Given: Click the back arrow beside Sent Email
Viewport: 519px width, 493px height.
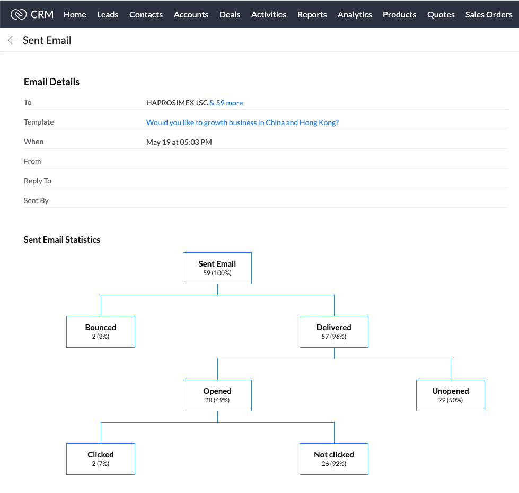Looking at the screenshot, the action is pos(13,40).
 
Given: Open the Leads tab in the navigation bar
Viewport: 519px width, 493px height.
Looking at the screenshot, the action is pos(108,14).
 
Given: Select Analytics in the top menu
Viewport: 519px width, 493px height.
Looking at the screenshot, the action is pos(355,14).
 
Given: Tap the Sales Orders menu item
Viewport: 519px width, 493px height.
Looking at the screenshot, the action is pos(489,14).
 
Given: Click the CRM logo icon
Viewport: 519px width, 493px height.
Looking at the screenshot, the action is pos(19,14).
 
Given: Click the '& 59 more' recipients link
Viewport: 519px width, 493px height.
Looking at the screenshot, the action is pos(226,103).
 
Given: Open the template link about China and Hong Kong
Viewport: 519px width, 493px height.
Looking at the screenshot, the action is pos(242,122).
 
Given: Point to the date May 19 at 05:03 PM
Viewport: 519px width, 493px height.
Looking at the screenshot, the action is pos(179,142).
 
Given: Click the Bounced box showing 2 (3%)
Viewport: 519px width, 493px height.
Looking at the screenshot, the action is pos(101,331).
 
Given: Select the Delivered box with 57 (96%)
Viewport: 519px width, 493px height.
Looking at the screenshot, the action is pos(333,331).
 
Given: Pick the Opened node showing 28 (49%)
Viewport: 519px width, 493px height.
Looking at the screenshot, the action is pos(217,395).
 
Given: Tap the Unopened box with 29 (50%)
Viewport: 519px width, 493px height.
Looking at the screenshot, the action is pos(451,395).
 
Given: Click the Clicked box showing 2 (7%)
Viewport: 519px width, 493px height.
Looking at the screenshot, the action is pos(101,459).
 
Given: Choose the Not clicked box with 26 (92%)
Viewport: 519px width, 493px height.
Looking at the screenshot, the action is pos(333,459).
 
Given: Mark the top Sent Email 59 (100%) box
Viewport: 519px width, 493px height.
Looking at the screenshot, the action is pos(217,268).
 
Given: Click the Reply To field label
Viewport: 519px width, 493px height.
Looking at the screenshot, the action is pos(38,181).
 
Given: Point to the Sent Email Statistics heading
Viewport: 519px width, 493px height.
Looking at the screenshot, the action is pos(62,240).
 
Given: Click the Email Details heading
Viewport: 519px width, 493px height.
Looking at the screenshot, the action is pos(51,82).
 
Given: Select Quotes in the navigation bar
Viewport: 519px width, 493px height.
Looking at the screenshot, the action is pos(441,14).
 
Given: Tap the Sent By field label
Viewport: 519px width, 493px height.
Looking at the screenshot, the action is pos(36,200).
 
